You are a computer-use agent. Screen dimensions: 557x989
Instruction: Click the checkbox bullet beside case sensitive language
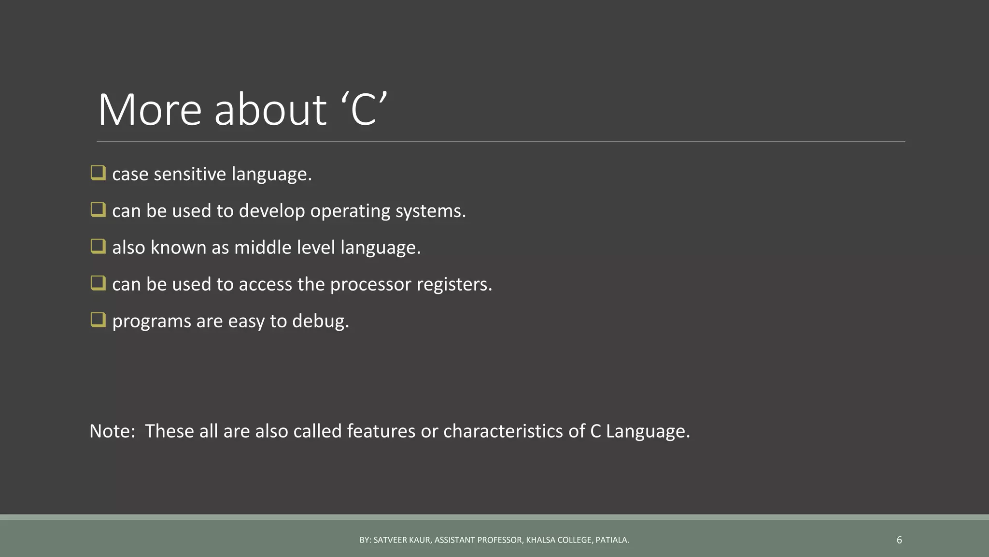[x=98, y=173]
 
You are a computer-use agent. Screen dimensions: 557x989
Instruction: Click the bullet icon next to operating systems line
[x=98, y=209]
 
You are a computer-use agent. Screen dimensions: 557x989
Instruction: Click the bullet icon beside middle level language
[x=98, y=246]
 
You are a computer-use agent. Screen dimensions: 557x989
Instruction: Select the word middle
[x=263, y=248]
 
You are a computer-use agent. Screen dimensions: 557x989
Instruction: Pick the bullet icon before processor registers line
[x=98, y=283]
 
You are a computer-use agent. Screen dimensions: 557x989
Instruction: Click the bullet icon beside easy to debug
[x=98, y=320]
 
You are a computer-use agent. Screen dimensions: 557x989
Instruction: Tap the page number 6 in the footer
[x=899, y=540]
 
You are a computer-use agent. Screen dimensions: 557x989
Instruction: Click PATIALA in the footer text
[x=612, y=540]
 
